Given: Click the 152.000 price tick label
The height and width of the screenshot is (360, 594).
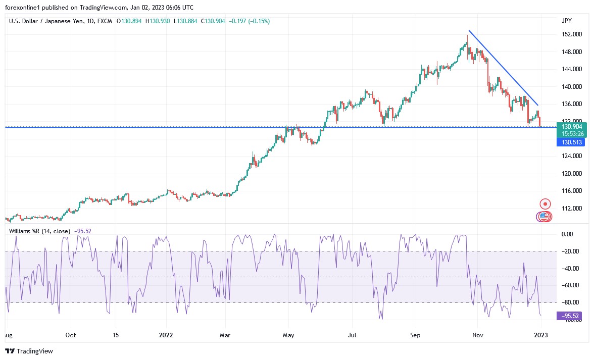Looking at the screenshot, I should (570, 34).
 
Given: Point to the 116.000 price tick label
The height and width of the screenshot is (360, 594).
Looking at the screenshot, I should (570, 191).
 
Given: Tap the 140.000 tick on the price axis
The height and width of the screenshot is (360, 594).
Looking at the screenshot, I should (570, 87).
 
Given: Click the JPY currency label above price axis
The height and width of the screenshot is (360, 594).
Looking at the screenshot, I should (566, 21).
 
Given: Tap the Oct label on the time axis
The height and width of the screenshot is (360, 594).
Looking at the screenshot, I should (71, 335).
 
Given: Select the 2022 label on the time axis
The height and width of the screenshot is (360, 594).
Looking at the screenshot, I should (167, 335).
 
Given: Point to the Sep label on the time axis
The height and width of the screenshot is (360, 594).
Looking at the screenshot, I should (415, 335).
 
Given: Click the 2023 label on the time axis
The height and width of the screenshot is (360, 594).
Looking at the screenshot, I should (540, 335).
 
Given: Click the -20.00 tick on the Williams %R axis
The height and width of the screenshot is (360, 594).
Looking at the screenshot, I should (570, 251).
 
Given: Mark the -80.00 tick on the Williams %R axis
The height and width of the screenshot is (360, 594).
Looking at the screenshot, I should (570, 302).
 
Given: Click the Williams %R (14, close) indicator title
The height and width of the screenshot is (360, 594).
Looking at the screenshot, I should (40, 231).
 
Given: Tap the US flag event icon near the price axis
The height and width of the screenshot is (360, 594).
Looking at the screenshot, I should (543, 216).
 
